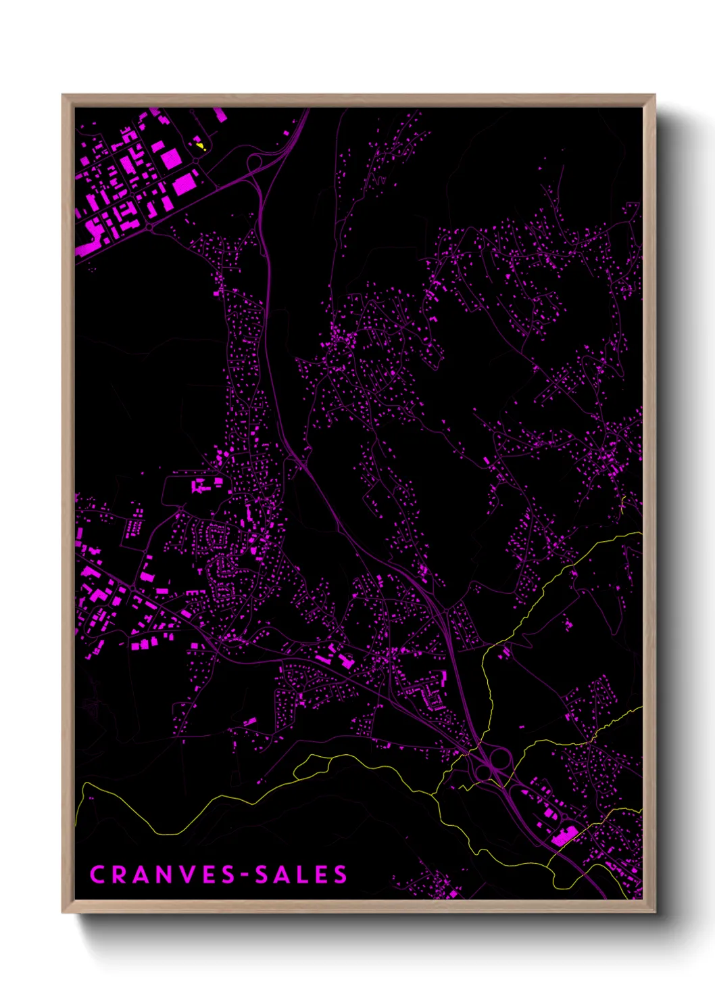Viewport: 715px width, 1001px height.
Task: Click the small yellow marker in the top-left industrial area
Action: point(199,145)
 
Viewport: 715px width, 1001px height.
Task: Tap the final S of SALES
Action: point(340,875)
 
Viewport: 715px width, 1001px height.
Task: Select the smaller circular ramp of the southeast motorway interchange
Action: point(483,772)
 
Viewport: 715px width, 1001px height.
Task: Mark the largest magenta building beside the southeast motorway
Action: point(563,836)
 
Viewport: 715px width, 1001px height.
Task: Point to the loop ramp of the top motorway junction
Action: point(255,162)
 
